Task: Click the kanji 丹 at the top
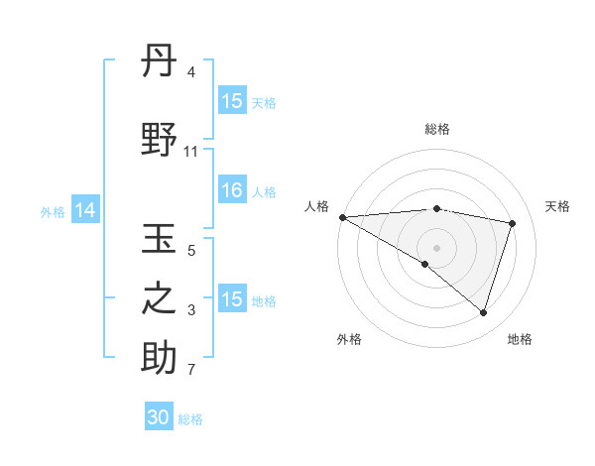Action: click(x=160, y=62)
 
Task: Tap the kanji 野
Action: click(x=160, y=141)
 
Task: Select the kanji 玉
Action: click(x=160, y=241)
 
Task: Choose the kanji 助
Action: click(x=160, y=358)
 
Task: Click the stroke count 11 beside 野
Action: click(x=191, y=152)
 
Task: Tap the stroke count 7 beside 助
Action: click(x=191, y=371)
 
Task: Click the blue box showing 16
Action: click(x=232, y=191)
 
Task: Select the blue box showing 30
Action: click(x=159, y=417)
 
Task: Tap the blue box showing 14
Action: click(x=85, y=210)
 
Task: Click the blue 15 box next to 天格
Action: click(x=232, y=101)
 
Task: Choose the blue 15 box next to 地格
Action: click(x=232, y=299)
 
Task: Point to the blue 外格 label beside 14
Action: click(x=53, y=211)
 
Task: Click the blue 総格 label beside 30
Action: click(x=190, y=419)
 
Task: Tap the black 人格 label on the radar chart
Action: click(x=316, y=206)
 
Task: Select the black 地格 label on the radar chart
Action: click(x=520, y=339)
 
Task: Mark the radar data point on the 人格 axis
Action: click(x=342, y=216)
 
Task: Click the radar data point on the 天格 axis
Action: click(x=513, y=223)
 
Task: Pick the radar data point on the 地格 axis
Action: click(x=483, y=312)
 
